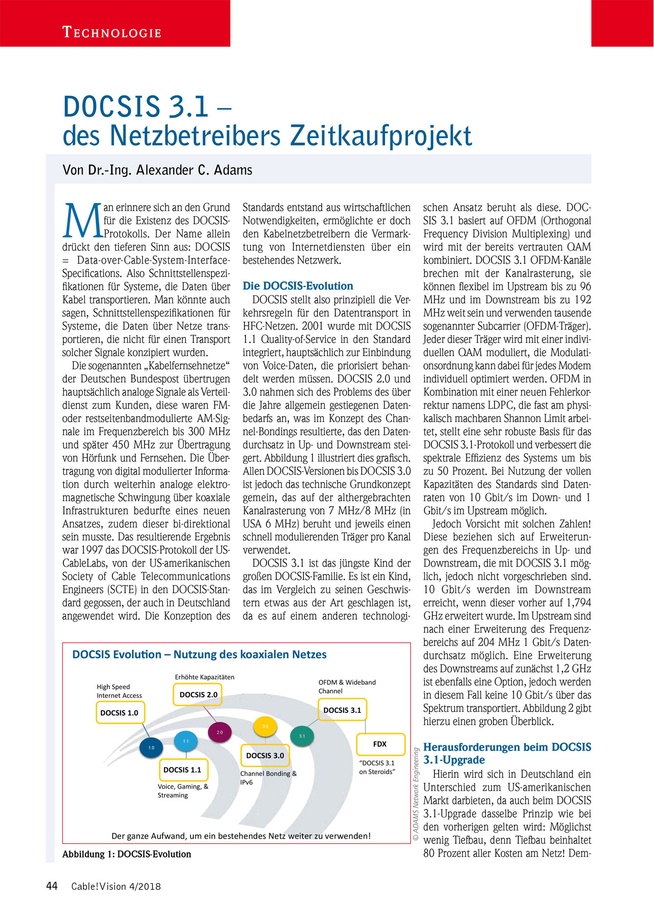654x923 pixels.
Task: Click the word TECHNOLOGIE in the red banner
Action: (112, 33)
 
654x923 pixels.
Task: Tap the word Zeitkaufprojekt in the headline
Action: (381, 136)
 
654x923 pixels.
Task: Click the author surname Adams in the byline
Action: (231, 170)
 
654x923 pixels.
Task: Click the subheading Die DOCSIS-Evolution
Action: (298, 286)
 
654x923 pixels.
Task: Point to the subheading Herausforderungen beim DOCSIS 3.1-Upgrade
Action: (507, 754)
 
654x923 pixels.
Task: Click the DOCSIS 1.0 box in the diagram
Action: (120, 713)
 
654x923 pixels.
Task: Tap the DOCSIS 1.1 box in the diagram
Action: (183, 770)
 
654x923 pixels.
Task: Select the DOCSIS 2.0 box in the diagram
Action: (198, 694)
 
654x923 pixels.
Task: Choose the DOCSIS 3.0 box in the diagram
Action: (265, 755)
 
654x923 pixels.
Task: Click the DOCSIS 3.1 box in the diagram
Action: (342, 710)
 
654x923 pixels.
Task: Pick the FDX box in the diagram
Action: (380, 744)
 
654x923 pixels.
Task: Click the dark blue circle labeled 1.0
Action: (151, 748)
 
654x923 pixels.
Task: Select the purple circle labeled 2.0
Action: (220, 733)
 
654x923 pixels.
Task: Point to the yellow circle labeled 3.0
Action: (265, 727)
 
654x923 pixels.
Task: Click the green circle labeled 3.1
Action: (302, 736)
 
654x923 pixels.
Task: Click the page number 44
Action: (52, 886)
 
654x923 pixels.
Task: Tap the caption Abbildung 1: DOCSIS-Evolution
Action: (127, 854)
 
